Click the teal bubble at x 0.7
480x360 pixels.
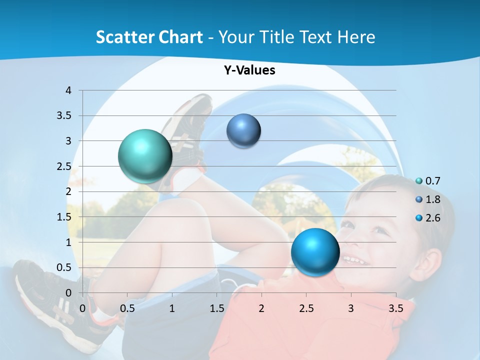point(145,156)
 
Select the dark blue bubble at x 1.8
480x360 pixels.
point(243,130)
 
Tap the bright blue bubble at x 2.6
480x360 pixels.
point(315,251)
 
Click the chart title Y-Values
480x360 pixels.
point(249,70)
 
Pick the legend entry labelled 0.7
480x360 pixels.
point(432,180)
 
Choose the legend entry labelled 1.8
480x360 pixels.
point(432,199)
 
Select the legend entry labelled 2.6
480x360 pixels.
point(432,218)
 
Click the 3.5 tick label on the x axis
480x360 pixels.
point(395,308)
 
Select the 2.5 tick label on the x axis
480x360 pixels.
point(306,308)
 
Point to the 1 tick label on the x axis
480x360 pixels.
point(172,308)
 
